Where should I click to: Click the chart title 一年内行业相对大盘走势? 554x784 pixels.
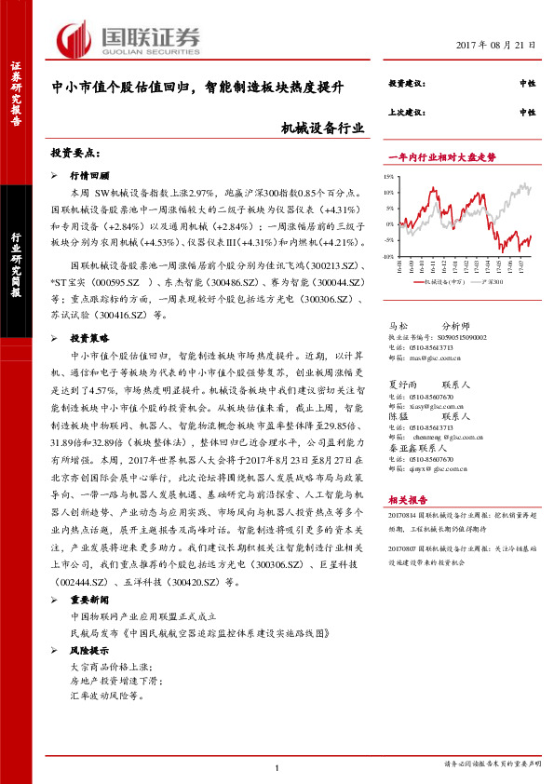point(438,156)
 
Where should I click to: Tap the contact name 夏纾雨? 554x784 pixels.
point(401,384)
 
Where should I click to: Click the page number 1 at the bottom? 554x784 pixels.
point(277,767)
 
